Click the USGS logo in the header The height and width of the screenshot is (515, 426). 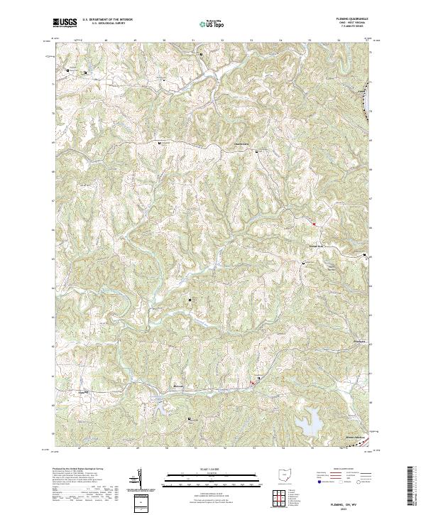point(65,23)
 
